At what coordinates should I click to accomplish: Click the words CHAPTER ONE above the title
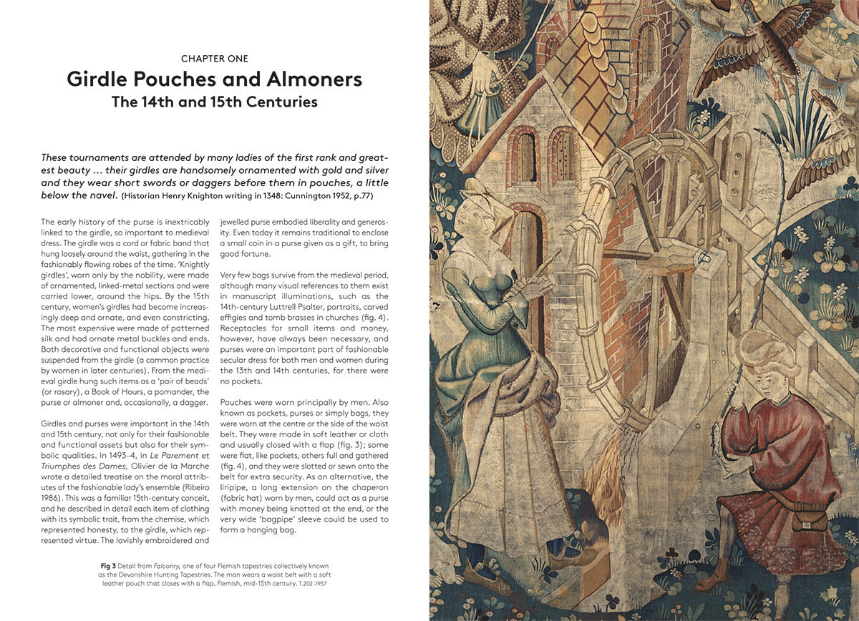pyautogui.click(x=215, y=58)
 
